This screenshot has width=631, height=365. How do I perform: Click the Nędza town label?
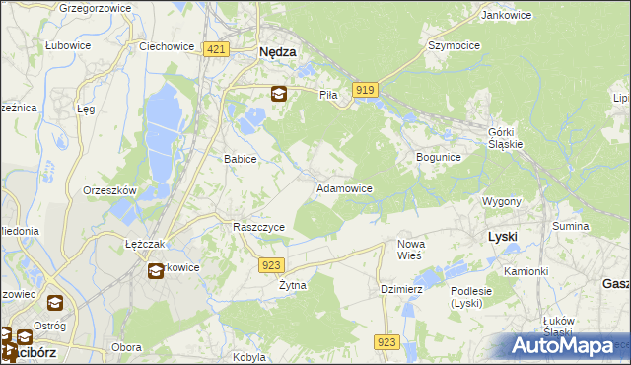point(278,54)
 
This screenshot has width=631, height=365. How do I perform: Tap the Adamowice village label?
point(343,187)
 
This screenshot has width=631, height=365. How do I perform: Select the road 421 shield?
point(217,49)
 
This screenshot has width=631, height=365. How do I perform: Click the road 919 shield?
point(366,90)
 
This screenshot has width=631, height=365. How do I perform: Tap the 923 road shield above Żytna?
point(273,264)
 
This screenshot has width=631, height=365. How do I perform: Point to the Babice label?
point(241,158)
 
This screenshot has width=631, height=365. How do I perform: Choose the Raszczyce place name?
point(258,227)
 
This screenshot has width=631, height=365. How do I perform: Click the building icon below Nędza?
point(279,94)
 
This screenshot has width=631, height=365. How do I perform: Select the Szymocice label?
point(453,45)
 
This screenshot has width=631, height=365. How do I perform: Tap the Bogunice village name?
point(439,157)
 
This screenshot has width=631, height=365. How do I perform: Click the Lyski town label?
point(503,237)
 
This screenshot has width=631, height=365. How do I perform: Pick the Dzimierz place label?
point(401,289)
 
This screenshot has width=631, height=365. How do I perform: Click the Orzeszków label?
point(109,190)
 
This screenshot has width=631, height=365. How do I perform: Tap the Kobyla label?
point(250,357)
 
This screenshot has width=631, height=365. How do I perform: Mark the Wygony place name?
point(502,201)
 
